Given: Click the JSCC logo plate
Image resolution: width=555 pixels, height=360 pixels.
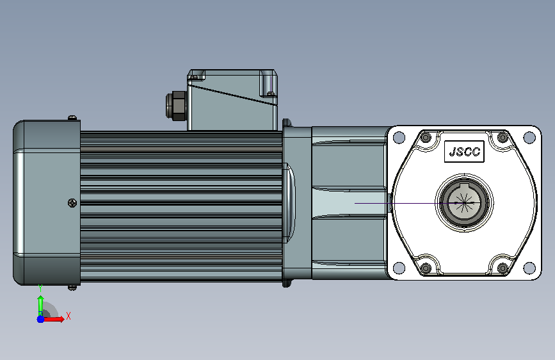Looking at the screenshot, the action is [x=464, y=152].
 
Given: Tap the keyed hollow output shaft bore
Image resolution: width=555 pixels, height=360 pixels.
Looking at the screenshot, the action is [x=463, y=203].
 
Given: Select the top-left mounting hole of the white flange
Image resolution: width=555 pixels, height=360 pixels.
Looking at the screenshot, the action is [x=399, y=138].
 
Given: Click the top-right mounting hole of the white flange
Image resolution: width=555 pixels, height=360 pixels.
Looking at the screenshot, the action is [x=529, y=138].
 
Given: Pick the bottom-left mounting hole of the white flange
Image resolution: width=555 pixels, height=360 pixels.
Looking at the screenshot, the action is [x=399, y=268].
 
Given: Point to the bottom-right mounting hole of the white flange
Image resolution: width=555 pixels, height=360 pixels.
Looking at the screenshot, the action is [x=529, y=268].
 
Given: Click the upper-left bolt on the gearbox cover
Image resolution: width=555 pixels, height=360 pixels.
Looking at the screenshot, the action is [x=426, y=137].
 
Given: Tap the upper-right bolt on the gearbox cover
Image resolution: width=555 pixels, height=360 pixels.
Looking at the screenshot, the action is [x=503, y=137].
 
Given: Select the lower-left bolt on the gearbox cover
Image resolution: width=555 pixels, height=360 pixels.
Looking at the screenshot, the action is [x=426, y=268].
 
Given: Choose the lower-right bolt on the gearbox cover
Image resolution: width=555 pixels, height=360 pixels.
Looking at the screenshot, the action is [x=503, y=268].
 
